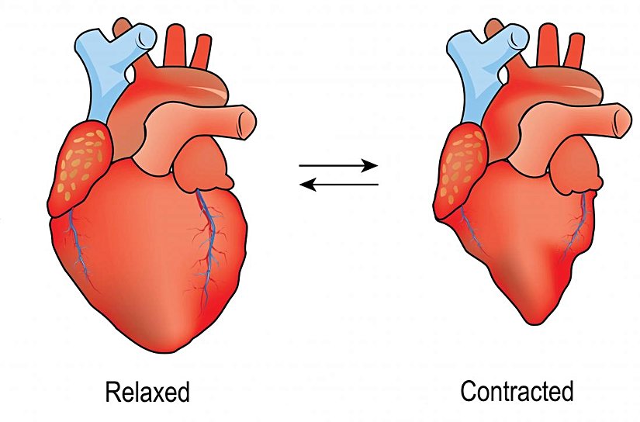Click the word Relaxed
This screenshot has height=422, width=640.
click(147, 393)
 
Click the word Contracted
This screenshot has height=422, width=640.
click(517, 392)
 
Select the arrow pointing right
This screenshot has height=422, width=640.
click(338, 166)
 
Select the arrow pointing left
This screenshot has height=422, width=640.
click(338, 185)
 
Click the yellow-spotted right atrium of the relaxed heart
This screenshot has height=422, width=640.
click(79, 167)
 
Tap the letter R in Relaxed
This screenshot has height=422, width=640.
click(111, 393)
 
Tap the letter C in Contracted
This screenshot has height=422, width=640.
click(469, 392)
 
